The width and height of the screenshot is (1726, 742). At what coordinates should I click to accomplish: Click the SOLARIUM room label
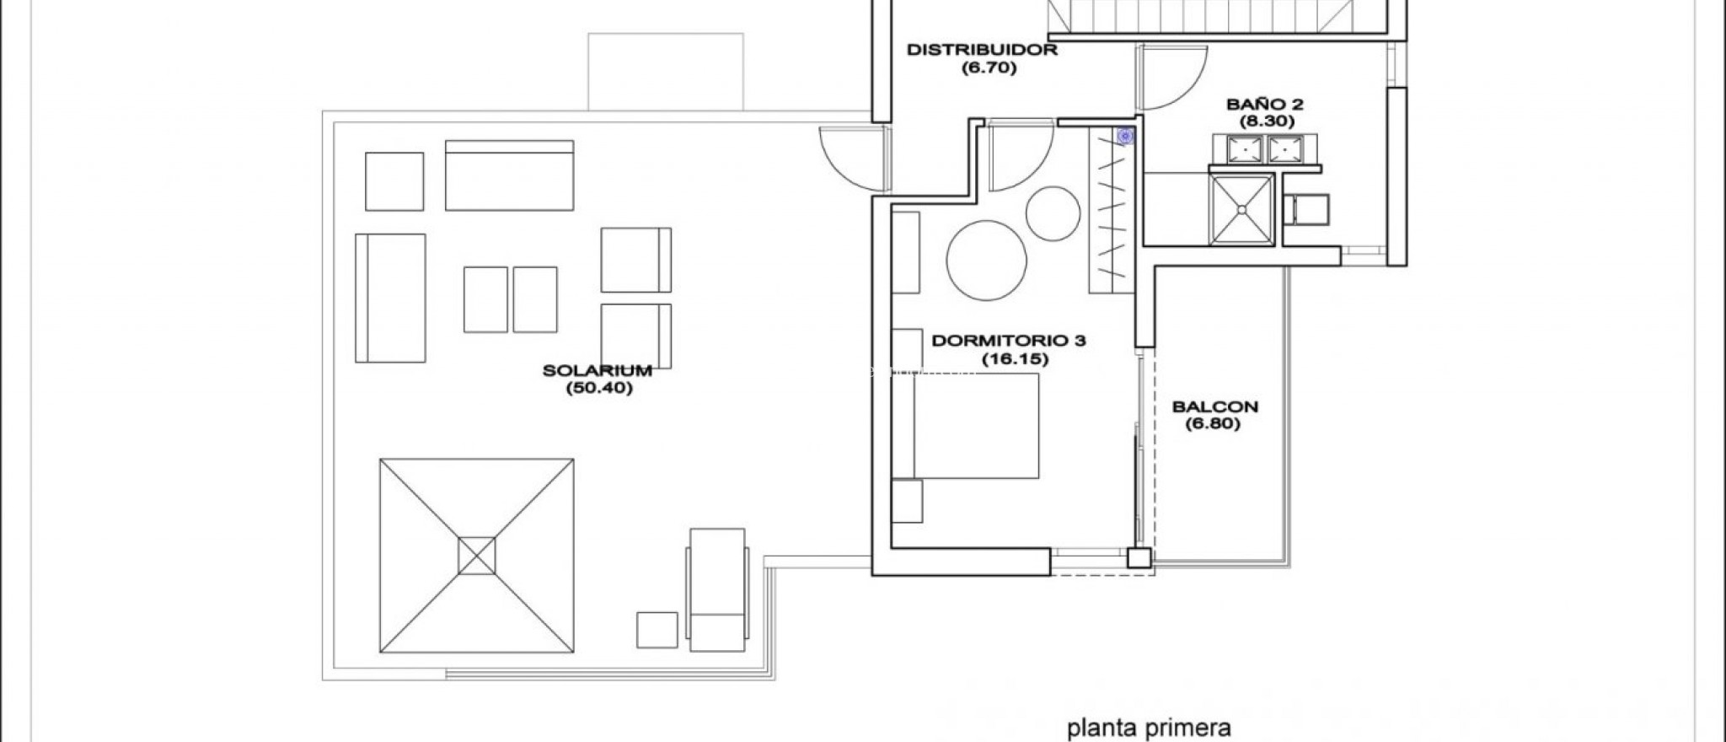(598, 370)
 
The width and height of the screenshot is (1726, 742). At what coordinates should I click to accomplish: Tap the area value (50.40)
(598, 389)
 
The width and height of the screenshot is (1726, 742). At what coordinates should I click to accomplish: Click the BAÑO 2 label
(1265, 105)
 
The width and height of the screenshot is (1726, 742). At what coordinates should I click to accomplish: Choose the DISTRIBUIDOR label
(982, 50)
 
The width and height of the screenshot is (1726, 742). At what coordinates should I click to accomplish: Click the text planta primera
(1150, 727)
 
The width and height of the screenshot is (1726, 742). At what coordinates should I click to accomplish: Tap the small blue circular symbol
(1124, 136)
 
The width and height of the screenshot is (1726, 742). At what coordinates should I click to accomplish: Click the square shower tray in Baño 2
(1241, 209)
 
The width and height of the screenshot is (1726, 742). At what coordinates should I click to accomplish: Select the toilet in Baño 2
(1306, 209)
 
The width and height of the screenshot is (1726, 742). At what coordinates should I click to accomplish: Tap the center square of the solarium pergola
(477, 556)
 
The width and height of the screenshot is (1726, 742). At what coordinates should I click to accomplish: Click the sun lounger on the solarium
(717, 589)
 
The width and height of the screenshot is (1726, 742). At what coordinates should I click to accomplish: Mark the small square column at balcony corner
(1139, 557)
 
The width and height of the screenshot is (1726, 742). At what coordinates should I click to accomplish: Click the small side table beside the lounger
(657, 629)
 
